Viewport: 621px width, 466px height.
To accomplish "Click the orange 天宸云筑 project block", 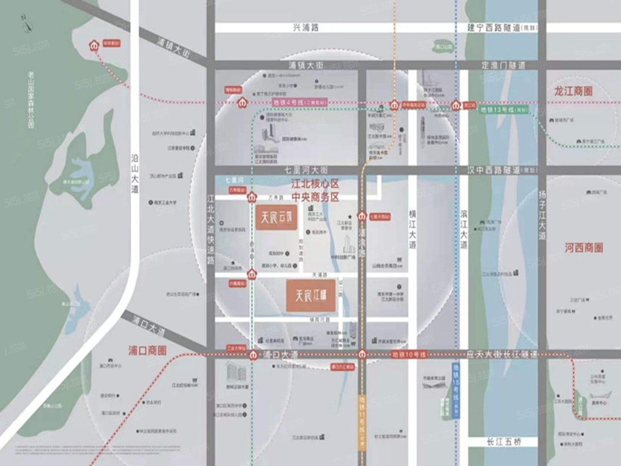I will [276, 217].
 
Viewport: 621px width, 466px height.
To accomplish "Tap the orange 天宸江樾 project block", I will [311, 295].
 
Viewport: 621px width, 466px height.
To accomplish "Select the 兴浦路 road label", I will [306, 28].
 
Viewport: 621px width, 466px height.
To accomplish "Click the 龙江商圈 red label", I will [573, 91].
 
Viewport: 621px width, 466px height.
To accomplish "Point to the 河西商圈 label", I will [584, 248].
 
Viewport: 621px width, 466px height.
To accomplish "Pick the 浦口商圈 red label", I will [147, 350].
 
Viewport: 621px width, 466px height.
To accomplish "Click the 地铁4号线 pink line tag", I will [299, 102].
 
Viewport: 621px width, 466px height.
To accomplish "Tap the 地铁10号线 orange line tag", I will [409, 355].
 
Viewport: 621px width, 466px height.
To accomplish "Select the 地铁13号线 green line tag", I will [504, 110].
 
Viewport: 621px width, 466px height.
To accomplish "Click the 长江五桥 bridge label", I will [504, 442].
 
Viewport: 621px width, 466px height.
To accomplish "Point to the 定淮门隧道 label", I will [503, 65].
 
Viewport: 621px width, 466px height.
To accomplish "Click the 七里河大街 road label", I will [306, 170].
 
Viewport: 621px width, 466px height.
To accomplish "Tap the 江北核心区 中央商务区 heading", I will [315, 190].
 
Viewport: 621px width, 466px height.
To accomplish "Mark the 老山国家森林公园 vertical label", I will [31, 100].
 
